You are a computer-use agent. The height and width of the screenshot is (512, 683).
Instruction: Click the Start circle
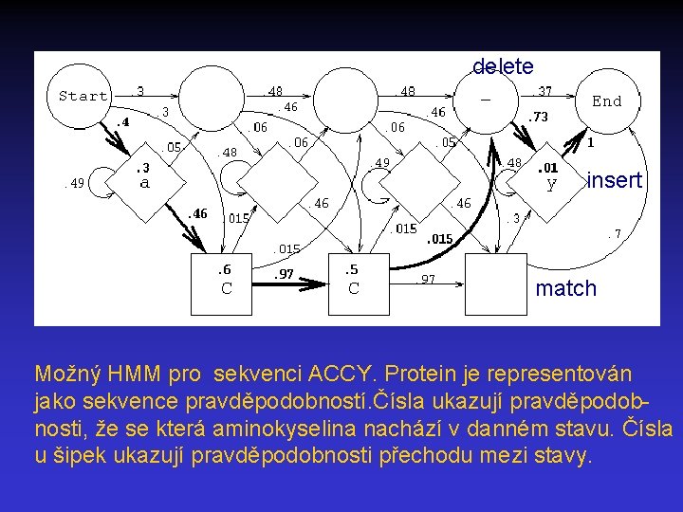[x=83, y=96]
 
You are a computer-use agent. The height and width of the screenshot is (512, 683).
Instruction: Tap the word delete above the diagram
[x=503, y=66]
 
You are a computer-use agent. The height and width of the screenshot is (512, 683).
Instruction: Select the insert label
[x=615, y=180]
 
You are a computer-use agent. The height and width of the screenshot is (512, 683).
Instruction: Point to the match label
[x=566, y=288]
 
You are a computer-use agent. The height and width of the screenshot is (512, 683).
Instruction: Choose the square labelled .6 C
[x=226, y=281]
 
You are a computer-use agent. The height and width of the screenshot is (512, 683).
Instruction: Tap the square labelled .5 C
[x=353, y=281]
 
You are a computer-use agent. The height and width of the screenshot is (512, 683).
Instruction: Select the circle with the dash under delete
[x=486, y=99]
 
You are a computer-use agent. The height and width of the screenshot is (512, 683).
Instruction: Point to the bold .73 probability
[x=538, y=117]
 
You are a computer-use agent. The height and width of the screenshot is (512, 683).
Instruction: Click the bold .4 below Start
[x=122, y=122]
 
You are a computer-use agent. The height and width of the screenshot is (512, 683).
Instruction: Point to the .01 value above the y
[x=548, y=167]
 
